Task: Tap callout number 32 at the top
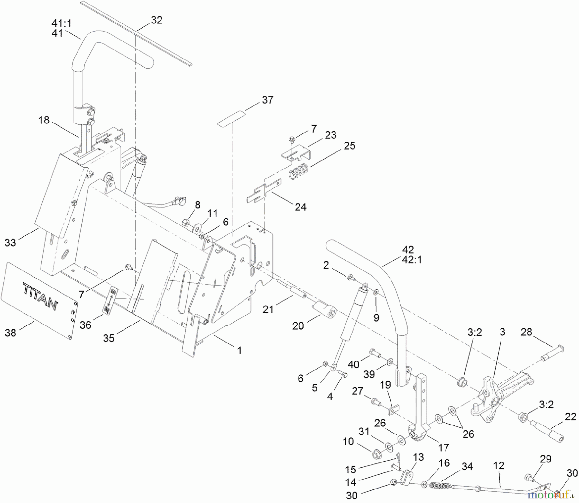click(x=157, y=20)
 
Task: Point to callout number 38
click(x=10, y=333)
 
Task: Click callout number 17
click(x=444, y=447)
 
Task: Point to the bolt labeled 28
click(x=553, y=354)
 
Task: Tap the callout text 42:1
click(x=412, y=260)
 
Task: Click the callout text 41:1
click(x=62, y=23)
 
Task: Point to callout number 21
click(x=268, y=309)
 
